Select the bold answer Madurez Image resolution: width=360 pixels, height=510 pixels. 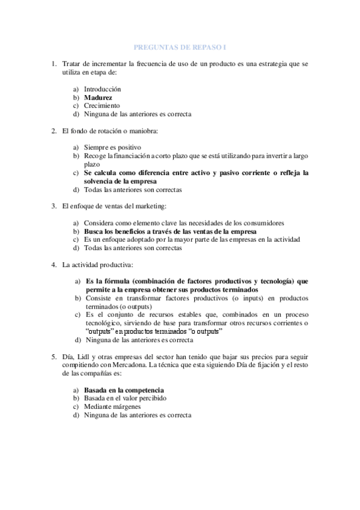pos(98,96)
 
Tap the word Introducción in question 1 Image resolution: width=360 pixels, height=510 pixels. pos(102,88)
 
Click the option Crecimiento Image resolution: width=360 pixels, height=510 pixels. pos(102,105)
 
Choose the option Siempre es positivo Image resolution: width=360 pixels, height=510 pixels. pos(112,147)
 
